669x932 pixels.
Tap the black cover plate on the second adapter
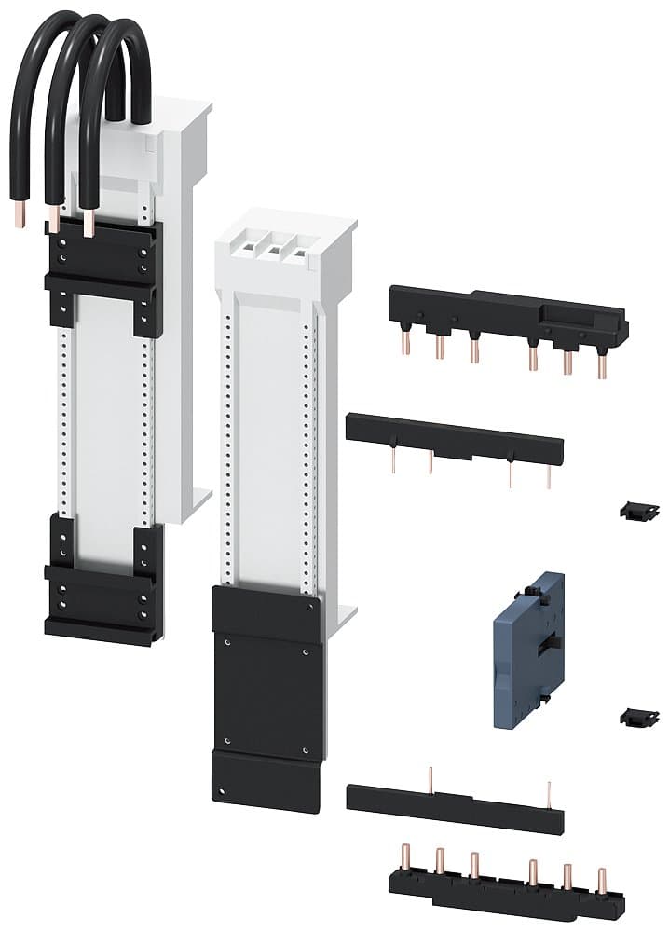266,694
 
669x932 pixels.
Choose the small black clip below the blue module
639,717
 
